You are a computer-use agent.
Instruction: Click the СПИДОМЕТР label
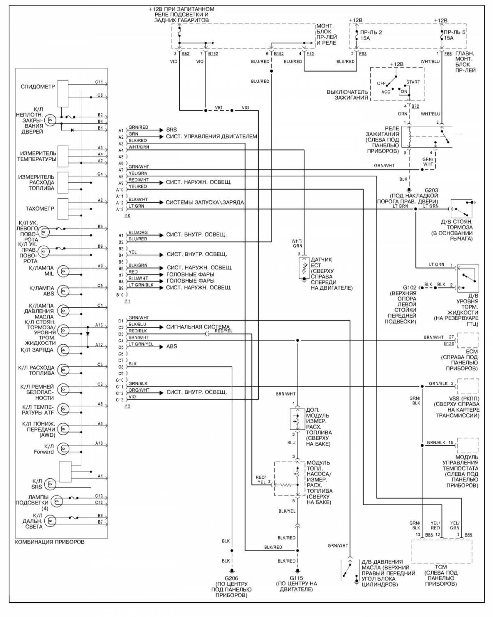click(37, 87)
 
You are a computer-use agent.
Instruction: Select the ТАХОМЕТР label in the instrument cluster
click(39, 209)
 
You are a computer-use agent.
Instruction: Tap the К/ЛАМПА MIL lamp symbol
click(63, 271)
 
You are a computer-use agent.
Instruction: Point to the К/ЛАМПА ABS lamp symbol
click(63, 291)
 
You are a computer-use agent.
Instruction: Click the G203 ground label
click(431, 190)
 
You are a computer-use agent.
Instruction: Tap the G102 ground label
click(410, 288)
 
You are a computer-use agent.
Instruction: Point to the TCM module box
click(442, 551)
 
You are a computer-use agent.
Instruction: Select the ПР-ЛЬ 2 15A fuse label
click(371, 35)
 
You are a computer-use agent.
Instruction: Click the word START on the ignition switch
click(413, 82)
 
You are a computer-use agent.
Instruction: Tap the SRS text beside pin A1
click(171, 130)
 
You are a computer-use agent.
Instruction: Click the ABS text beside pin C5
click(171, 346)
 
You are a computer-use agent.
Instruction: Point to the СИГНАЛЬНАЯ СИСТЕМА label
click(198, 327)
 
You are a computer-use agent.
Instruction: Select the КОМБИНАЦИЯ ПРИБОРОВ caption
click(50, 542)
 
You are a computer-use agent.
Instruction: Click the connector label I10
click(127, 216)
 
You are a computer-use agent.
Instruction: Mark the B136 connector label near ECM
click(449, 343)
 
